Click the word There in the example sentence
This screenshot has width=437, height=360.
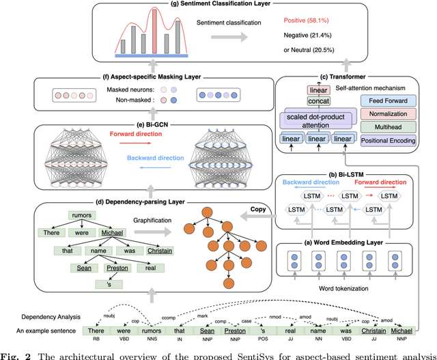(94, 331)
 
